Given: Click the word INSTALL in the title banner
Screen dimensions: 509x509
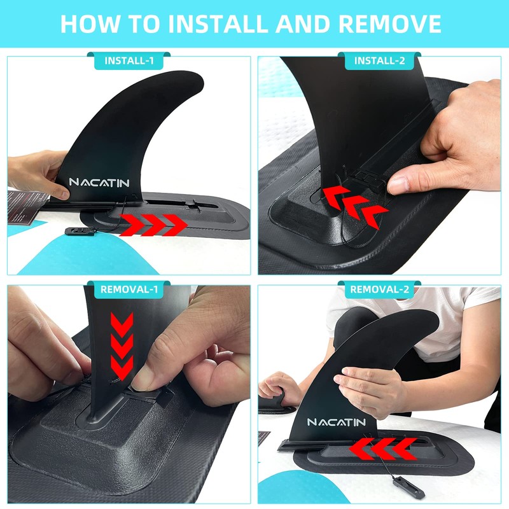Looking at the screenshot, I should point(216,24).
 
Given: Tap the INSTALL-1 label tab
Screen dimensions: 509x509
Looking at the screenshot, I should point(129,61).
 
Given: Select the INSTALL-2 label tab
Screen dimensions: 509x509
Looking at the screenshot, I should point(379,61).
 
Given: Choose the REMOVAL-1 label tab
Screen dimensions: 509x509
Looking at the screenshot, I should point(129,290).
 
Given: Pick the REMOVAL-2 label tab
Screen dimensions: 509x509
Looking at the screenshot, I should point(379,290).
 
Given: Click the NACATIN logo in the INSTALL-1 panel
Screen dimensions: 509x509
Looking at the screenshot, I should point(99,183).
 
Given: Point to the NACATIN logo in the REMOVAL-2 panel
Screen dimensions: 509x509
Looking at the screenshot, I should point(337,422).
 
